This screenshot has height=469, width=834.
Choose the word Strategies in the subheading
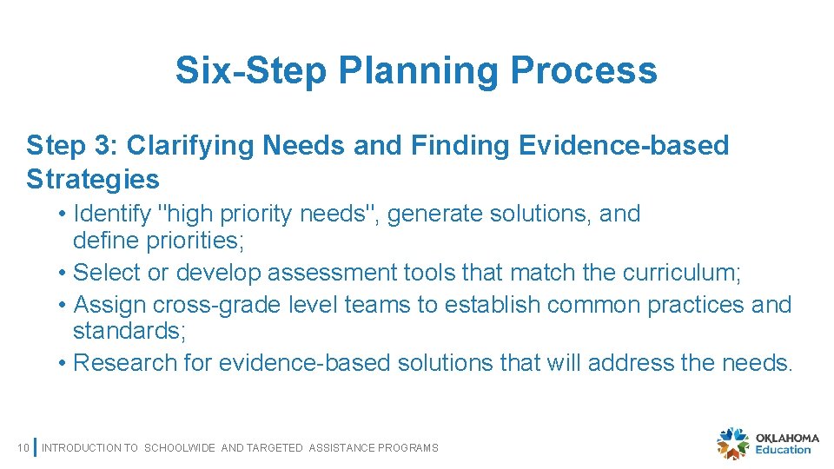tap(93, 179)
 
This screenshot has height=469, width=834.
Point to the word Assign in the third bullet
tap(110, 305)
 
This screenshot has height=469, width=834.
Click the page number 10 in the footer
tap(23, 447)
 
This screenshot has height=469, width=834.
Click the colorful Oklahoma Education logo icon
tap(732, 444)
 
